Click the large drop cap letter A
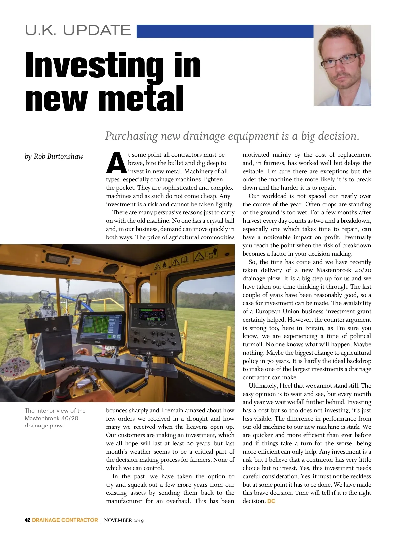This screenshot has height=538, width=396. pos(116,163)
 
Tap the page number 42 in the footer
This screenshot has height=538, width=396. pos(27,520)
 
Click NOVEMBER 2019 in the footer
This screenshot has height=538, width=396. pos(124,520)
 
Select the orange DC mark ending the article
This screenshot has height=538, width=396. pos(271,501)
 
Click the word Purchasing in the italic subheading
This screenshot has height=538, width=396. pos(131,136)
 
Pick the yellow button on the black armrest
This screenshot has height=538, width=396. pos(62,359)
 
